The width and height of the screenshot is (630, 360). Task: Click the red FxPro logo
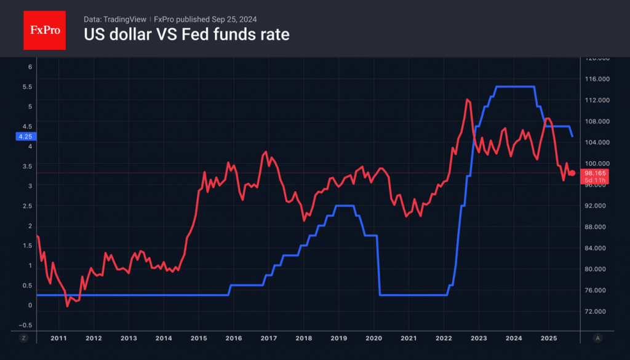44,29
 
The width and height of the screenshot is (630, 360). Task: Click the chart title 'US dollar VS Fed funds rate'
186,35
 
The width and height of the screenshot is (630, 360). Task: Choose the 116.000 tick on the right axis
596,79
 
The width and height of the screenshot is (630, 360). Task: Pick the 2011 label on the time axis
58,338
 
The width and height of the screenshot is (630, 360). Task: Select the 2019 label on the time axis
338,338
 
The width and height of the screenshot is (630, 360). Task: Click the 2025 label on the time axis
549,338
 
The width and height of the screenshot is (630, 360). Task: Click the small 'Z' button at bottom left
23,338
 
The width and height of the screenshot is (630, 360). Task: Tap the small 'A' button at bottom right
598,338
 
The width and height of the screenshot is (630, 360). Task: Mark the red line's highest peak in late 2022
468,99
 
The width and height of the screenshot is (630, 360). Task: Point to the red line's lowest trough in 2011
67,305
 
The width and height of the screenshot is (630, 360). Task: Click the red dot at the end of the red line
572,173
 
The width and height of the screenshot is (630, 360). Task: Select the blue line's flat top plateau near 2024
514,87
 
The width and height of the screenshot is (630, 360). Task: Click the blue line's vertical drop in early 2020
379,265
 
